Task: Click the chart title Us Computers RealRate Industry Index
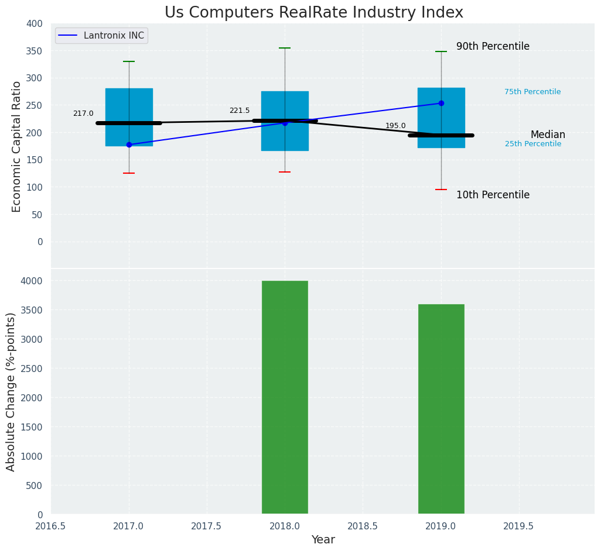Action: [x=313, y=13]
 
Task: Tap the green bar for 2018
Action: [x=285, y=397]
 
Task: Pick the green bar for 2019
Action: [x=441, y=409]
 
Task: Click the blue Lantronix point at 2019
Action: [x=441, y=104]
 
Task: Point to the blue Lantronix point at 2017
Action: [x=129, y=144]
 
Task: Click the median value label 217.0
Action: [x=83, y=113]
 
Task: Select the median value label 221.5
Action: [x=240, y=111]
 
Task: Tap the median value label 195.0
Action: [x=395, y=126]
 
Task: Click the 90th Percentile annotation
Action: [x=493, y=47]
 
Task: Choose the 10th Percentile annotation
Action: [x=493, y=195]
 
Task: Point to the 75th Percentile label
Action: [x=532, y=92]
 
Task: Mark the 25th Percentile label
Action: [x=533, y=144]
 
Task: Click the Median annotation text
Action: [x=548, y=135]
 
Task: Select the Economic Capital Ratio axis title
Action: [x=17, y=146]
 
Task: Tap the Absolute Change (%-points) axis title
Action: [x=11, y=391]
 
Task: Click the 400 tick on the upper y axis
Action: [x=35, y=23]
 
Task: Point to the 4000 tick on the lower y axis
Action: [x=32, y=281]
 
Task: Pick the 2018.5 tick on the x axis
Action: [x=363, y=526]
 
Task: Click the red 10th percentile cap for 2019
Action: [x=441, y=190]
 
